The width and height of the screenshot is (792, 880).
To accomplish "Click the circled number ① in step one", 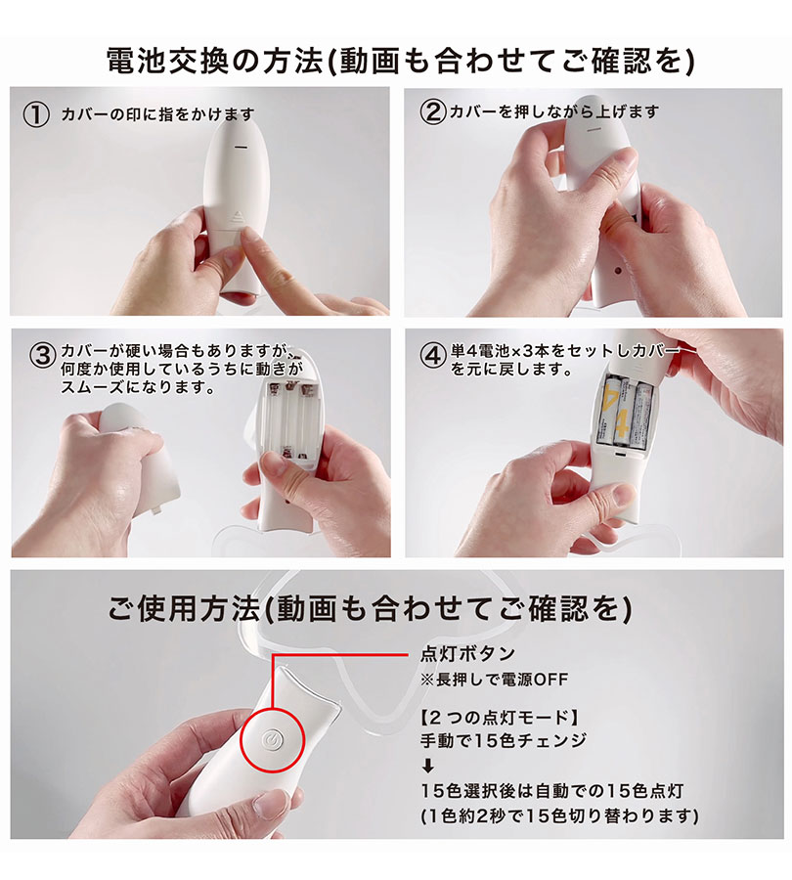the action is [36, 115].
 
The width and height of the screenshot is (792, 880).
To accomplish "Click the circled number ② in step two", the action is [433, 112].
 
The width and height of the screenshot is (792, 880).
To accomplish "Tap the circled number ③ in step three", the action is [43, 356].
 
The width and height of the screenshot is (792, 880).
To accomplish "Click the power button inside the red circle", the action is [272, 739].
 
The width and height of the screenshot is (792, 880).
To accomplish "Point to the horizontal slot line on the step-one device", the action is [242, 147].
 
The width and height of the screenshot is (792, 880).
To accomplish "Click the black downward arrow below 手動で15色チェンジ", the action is [427, 765].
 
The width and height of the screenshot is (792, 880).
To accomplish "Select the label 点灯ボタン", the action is [467, 654].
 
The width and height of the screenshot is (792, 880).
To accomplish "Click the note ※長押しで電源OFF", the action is [494, 680].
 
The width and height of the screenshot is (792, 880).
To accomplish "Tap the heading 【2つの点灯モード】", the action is [500, 717].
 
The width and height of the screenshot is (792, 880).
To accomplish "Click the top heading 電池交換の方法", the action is [215, 62].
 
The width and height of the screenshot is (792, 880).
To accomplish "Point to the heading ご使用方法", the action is [185, 609].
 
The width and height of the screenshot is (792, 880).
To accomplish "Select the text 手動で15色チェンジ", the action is [503, 741].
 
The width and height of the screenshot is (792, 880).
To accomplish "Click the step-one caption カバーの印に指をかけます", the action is [157, 115].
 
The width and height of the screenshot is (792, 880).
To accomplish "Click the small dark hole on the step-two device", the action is [619, 271].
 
